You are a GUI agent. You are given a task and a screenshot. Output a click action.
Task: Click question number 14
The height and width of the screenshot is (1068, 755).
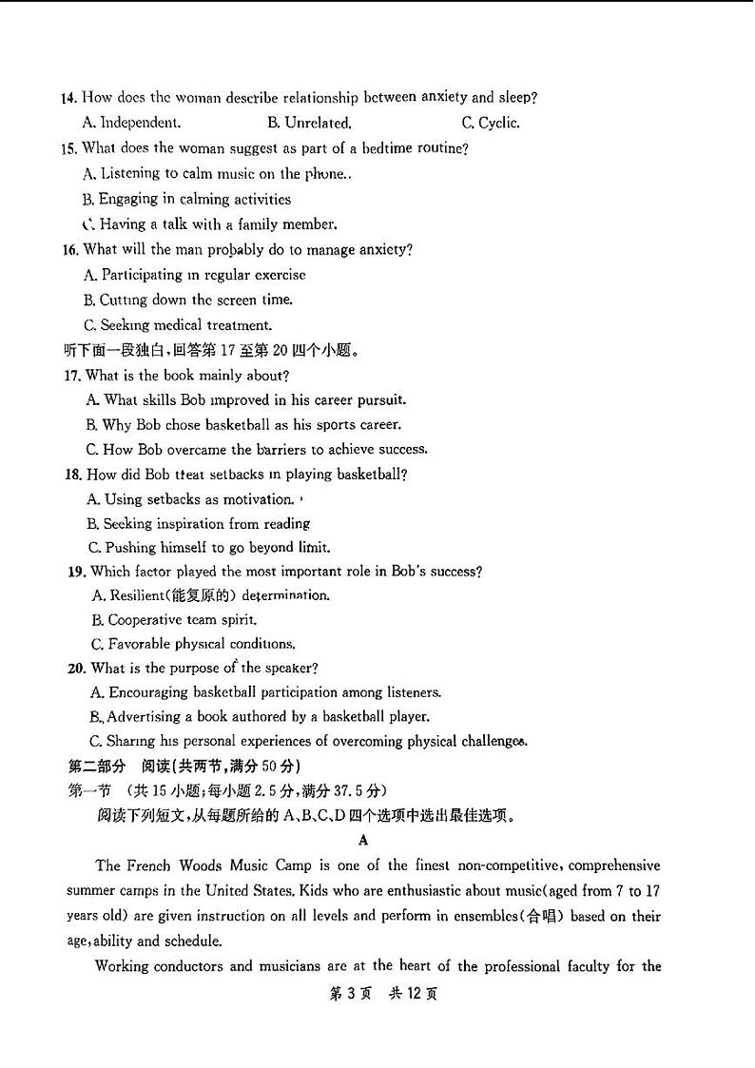(x=68, y=97)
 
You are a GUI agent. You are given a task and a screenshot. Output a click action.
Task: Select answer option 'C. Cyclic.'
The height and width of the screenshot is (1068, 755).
(x=490, y=123)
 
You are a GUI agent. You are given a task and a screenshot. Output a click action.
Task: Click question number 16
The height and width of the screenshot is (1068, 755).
(x=68, y=249)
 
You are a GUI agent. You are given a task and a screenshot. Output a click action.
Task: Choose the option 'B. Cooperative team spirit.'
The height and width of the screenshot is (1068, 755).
(x=174, y=620)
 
